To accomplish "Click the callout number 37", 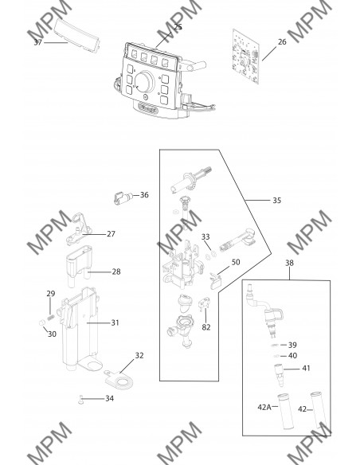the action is pos(37,42).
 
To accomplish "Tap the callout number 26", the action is pos(282,42).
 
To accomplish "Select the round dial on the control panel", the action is pos(144,81).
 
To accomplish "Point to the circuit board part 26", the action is pos(246,57).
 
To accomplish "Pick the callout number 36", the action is pos(144,195).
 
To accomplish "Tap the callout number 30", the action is pos(52,334).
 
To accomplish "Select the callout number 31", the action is pos(115,322).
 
